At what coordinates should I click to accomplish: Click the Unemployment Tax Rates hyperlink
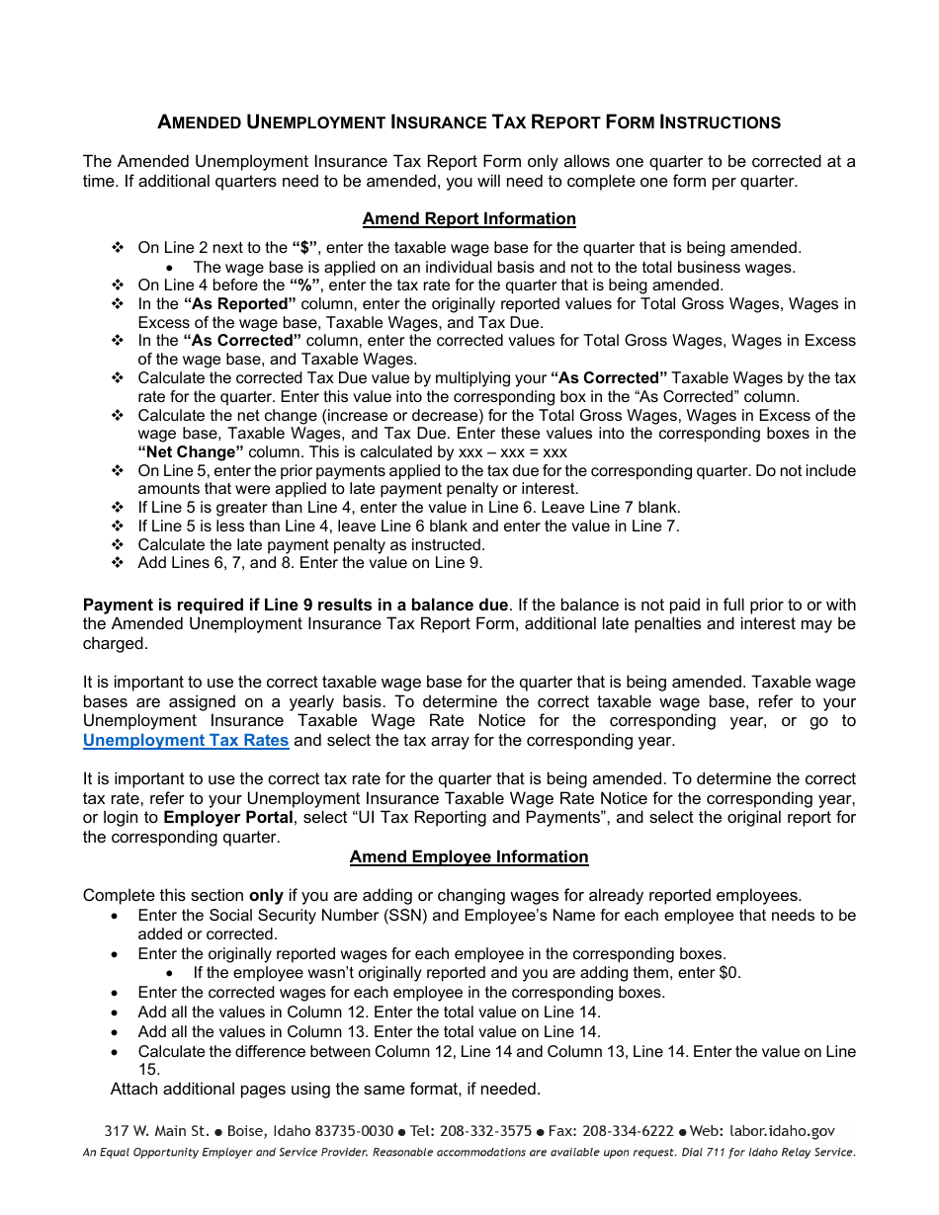coord(186,741)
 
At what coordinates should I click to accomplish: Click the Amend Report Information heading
coord(469,219)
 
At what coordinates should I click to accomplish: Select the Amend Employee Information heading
coord(469,857)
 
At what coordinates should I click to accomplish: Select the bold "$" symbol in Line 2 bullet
coord(304,248)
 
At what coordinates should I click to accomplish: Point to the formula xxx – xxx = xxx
coord(514,452)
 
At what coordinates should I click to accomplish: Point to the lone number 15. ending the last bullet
coord(148,1070)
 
